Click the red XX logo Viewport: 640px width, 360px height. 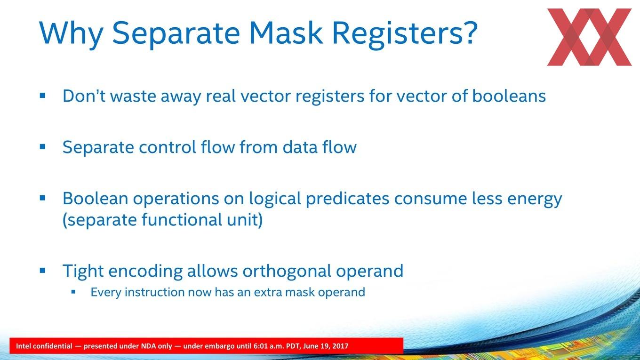(589, 37)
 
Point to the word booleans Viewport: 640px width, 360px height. (509, 96)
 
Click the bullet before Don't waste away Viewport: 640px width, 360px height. (42, 96)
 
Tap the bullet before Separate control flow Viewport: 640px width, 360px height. (42, 147)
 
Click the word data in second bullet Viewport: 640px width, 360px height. (300, 147)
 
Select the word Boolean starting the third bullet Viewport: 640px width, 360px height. (96, 198)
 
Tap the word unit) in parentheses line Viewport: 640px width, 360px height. (245, 220)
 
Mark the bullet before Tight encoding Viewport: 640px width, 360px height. (42, 270)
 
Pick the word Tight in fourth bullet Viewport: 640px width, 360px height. (83, 272)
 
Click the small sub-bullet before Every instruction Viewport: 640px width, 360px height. (73, 292)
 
